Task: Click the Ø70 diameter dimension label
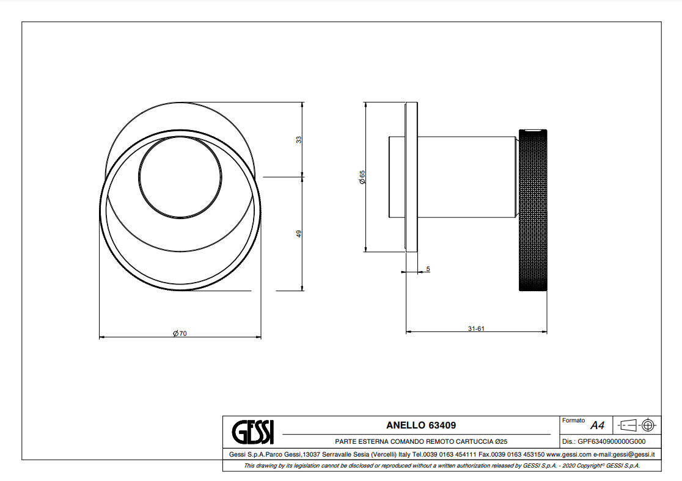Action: point(180,333)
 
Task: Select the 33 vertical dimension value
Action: point(298,140)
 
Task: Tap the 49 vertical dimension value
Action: point(298,234)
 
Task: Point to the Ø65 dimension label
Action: point(362,177)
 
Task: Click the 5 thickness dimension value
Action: point(428,269)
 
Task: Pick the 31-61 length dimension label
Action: point(476,328)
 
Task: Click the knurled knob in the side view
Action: point(533,211)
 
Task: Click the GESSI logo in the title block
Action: point(253,432)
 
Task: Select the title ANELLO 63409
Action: point(421,425)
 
